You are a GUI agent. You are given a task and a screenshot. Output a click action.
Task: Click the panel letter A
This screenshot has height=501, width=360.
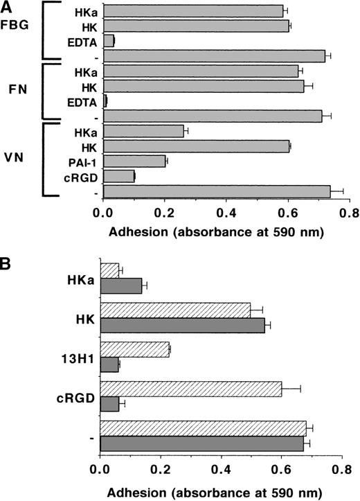(x=6, y=6)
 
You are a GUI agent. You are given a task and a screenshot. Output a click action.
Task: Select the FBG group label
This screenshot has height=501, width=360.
(x=15, y=31)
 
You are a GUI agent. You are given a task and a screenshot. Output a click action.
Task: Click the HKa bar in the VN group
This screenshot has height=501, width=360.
(x=143, y=131)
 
